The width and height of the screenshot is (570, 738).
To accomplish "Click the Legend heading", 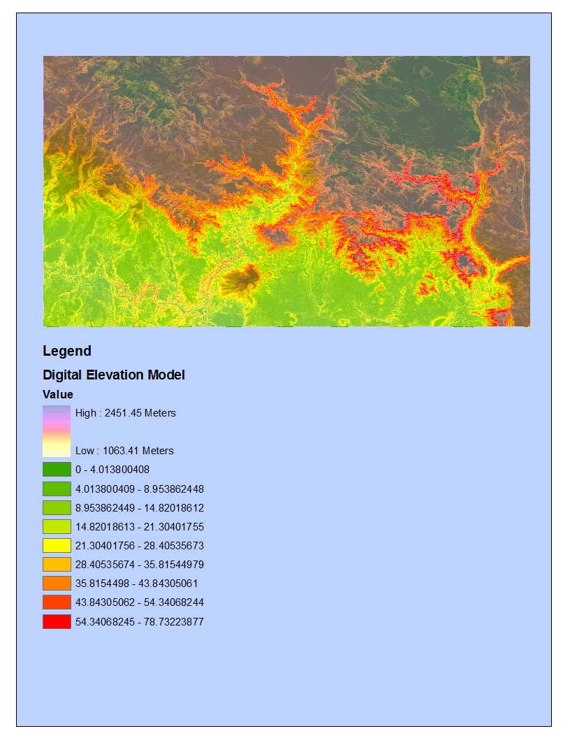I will coord(67,351).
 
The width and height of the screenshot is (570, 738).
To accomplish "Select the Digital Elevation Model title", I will coord(114,375).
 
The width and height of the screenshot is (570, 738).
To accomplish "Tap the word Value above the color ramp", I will coord(58,395).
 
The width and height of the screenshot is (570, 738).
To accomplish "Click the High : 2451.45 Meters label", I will coord(126,413).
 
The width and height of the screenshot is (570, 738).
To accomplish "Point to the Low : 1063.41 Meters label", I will coord(124,451).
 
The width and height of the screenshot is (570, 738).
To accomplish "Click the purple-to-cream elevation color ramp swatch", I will coord(57,431).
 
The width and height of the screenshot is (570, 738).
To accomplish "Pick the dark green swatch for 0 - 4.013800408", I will coord(57,470).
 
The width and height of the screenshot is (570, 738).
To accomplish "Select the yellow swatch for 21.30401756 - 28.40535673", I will coord(57,545).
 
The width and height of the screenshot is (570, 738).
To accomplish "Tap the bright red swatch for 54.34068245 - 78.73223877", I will coord(57,621).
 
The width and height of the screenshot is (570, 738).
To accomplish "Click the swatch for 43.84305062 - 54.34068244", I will coord(57,602).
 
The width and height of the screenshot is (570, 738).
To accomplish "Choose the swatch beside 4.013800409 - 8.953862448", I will coord(57,489).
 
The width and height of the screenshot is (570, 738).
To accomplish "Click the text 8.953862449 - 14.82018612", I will coord(140,508).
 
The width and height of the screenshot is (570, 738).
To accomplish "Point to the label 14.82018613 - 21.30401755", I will coord(140,527).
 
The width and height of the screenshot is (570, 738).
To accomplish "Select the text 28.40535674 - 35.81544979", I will coord(140,565).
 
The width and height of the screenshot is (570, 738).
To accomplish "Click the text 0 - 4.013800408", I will coord(112,470).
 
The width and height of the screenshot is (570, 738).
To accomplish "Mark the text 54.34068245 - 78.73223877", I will coord(140,621).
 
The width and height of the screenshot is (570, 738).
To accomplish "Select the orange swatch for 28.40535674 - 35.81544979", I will coord(57,565).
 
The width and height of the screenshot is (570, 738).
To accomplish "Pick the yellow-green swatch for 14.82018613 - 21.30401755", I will coord(57,527).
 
